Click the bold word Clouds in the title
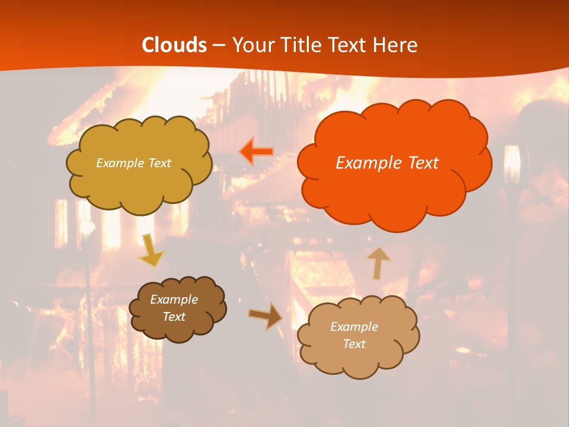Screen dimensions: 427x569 (x=174, y=45)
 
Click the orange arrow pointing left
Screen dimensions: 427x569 (x=256, y=151)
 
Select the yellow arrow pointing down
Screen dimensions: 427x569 (x=151, y=250)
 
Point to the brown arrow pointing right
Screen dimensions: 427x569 (x=266, y=316)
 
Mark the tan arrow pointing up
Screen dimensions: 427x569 (x=378, y=263)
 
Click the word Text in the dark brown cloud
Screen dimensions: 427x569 (x=174, y=317)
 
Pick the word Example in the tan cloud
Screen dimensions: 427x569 (x=354, y=327)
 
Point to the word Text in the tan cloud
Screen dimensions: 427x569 (x=354, y=344)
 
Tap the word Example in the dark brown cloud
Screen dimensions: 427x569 (x=174, y=299)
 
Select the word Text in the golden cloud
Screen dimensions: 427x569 (x=159, y=163)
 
